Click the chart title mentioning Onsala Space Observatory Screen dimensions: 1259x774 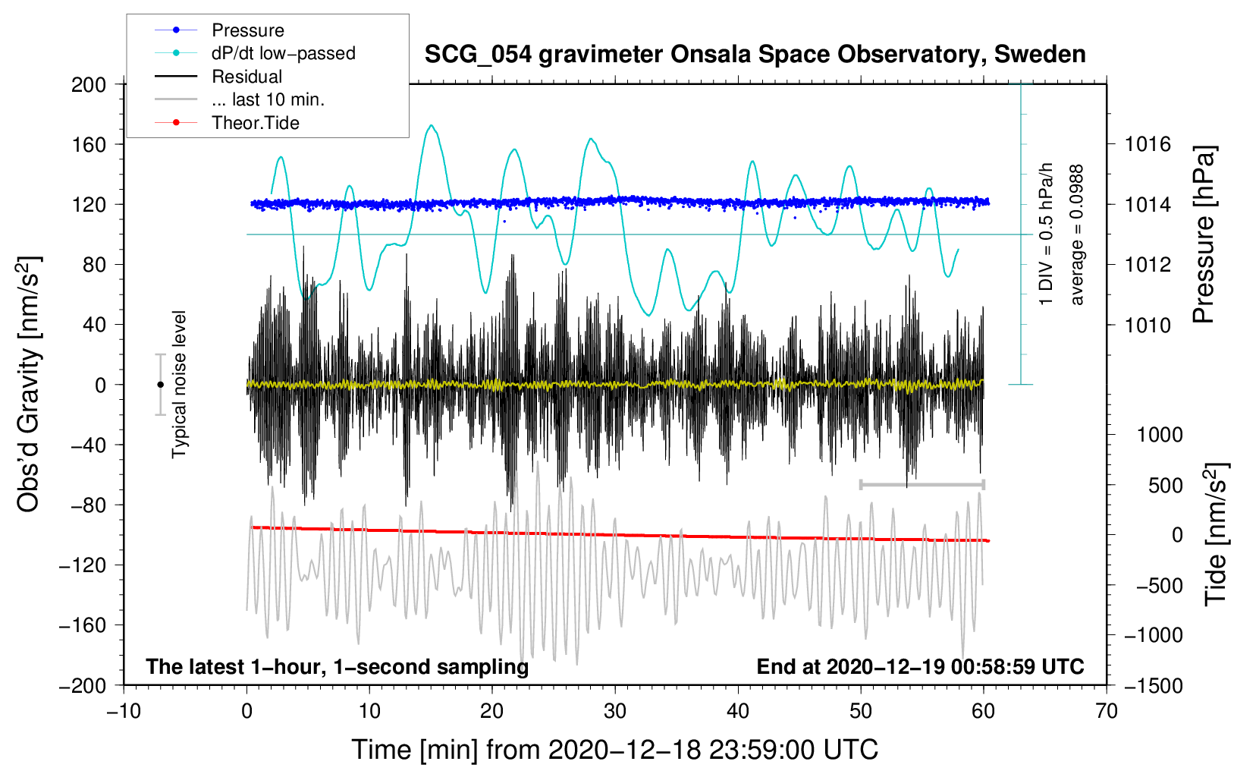[x=755, y=55]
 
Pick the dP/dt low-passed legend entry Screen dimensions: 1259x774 [x=255, y=53]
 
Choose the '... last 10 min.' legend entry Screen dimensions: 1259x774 [x=240, y=99]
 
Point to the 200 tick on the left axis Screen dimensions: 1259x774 [x=89, y=85]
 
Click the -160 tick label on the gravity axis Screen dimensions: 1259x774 [x=83, y=625]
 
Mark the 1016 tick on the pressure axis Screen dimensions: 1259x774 [x=1148, y=145]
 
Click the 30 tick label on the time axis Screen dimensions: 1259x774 [x=615, y=711]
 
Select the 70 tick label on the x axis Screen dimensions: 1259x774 [x=1106, y=711]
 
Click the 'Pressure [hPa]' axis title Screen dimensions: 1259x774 [x=1204, y=234]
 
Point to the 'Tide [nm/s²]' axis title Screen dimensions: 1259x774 [x=1216, y=534]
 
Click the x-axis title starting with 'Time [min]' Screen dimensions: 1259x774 [x=615, y=750]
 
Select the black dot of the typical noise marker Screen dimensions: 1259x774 [x=160, y=385]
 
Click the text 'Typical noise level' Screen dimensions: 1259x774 [x=179, y=385]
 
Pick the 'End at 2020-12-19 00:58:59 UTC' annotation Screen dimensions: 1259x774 [x=920, y=666]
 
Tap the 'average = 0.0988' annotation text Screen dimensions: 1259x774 [x=1076, y=235]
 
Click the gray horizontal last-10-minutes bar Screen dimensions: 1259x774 [x=921, y=484]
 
